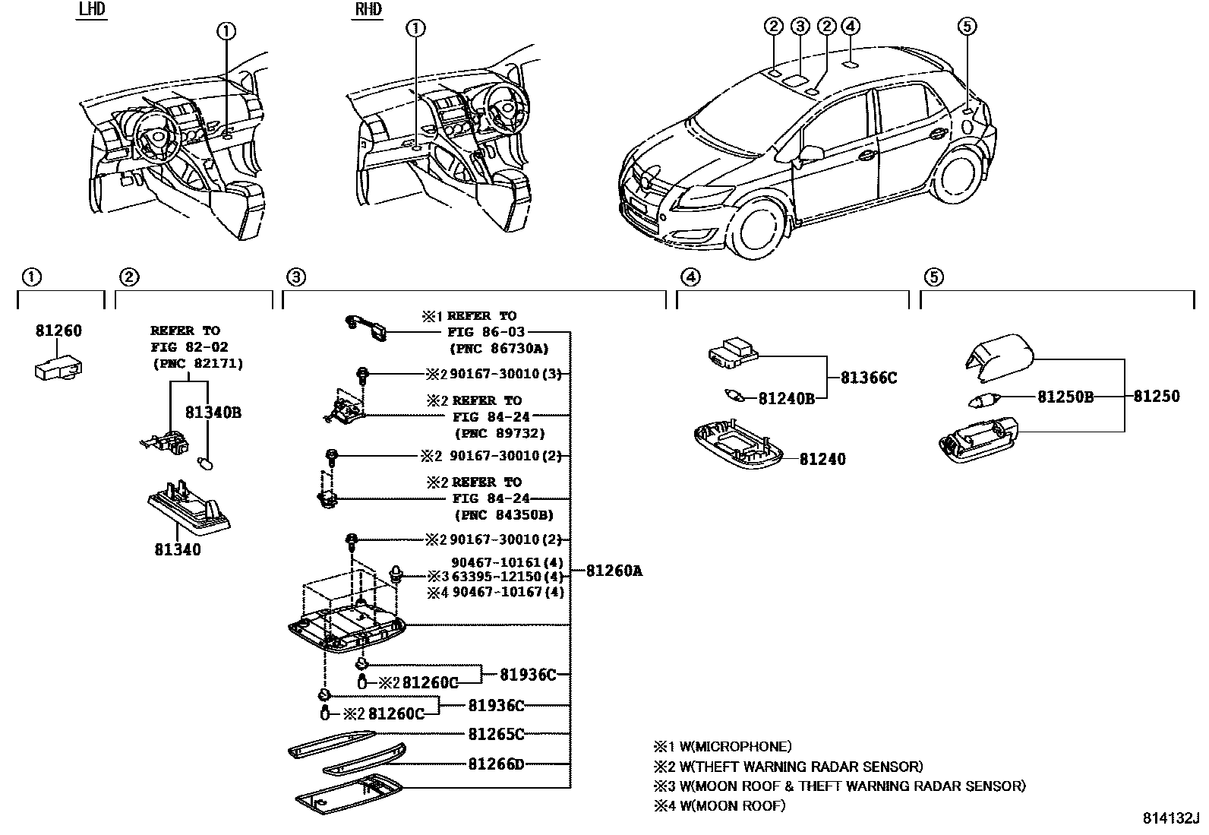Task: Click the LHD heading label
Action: click(x=92, y=10)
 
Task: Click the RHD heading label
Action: click(x=368, y=10)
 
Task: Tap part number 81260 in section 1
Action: click(x=58, y=331)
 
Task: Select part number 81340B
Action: click(x=213, y=413)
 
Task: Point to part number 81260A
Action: click(x=614, y=571)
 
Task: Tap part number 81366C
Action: click(x=869, y=378)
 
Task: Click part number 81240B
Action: click(x=786, y=397)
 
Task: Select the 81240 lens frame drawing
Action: click(x=739, y=452)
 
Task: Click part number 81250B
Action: click(x=1065, y=397)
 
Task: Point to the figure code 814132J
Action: click(x=1170, y=818)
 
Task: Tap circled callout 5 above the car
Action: click(x=966, y=27)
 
